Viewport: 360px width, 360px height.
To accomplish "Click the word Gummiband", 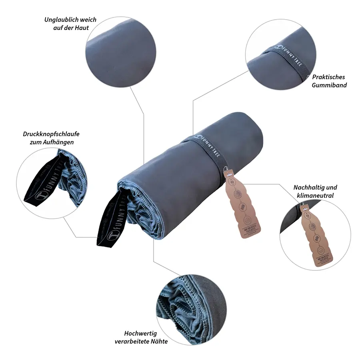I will click(330, 85).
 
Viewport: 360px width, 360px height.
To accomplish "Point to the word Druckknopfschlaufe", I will click(48, 134).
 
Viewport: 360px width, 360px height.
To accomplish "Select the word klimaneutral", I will click(315, 195).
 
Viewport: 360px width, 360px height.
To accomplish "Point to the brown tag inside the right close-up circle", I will click(312, 236).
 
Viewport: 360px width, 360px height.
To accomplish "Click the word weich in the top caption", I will click(88, 20).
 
